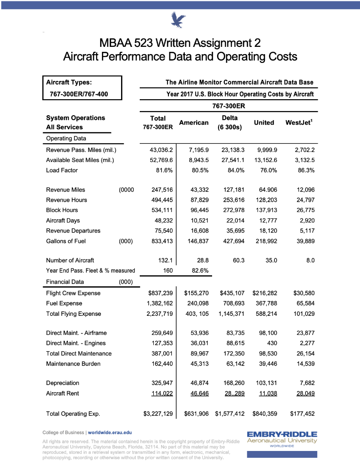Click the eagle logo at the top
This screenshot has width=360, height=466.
pos(178,20)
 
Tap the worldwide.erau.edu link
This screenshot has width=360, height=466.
pos(110,432)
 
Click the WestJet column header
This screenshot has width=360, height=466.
pos(299,122)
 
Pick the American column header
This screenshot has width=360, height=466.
pos(194,122)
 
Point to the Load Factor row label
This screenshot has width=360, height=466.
pos(62,170)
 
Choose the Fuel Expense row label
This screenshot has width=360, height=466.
pos(64,304)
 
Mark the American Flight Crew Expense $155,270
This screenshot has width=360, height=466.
pos(196,293)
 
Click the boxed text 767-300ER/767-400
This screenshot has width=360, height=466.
pos(82,94)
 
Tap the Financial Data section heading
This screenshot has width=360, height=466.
pos(65,282)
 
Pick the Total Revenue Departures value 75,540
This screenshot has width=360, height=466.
pos(162,231)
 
